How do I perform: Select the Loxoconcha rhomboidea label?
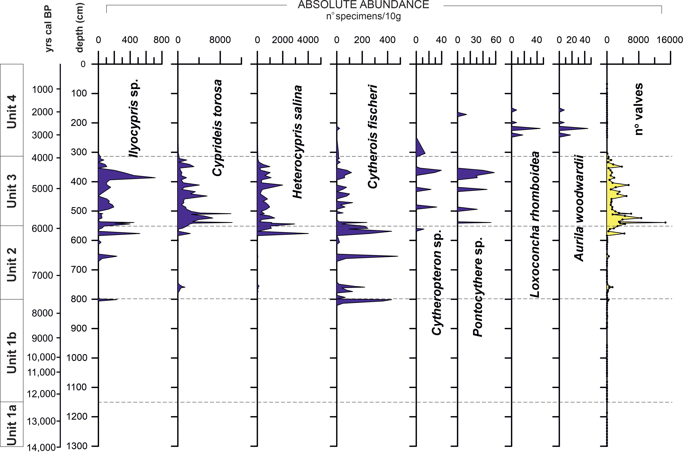click(535, 224)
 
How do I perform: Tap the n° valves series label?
click(639, 109)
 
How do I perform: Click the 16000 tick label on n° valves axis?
click(669, 40)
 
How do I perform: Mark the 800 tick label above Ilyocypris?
click(161, 40)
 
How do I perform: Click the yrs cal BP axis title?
click(49, 29)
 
